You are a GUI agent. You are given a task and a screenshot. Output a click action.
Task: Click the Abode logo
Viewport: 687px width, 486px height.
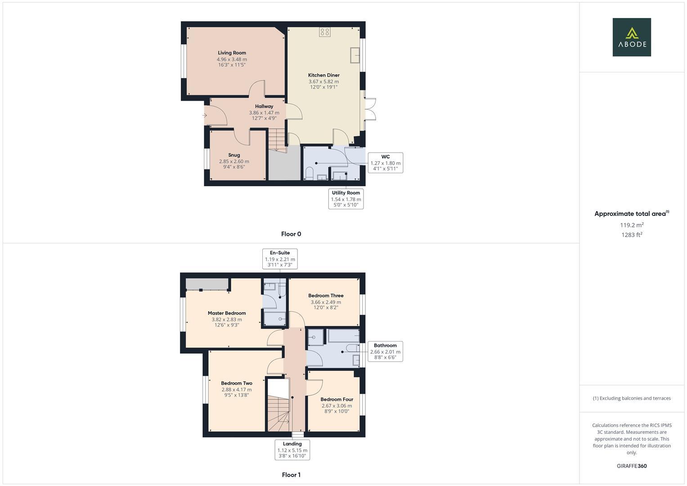pyautogui.click(x=631, y=37)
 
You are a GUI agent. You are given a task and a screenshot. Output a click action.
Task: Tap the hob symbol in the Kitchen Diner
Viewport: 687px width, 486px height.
pyautogui.click(x=324, y=32)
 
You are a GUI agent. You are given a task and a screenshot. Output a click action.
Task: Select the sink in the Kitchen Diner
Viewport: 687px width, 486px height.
pyautogui.click(x=355, y=55)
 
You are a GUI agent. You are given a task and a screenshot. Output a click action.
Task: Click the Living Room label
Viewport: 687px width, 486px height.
pyautogui.click(x=232, y=53)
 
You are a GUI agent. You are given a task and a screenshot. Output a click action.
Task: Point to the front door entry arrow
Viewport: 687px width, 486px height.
pyautogui.click(x=205, y=116)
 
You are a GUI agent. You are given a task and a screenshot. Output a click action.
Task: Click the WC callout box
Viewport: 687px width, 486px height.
pyautogui.click(x=385, y=163)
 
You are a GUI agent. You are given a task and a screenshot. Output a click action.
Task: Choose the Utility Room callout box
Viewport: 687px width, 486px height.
pyautogui.click(x=346, y=199)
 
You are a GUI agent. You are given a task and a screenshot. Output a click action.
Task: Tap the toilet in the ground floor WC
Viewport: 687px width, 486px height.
pyautogui.click(x=310, y=174)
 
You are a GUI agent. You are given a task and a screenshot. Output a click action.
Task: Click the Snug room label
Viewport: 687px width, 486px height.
pyautogui.click(x=234, y=155)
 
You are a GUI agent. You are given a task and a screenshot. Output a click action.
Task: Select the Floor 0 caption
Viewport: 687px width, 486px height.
pyautogui.click(x=291, y=234)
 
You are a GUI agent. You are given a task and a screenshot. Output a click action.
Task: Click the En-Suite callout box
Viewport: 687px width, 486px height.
pyautogui.click(x=280, y=259)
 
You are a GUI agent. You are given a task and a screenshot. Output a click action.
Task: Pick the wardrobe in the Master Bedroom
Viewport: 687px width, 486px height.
pyautogui.click(x=207, y=284)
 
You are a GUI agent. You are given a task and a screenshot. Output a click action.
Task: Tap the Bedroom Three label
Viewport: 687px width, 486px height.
pyautogui.click(x=326, y=296)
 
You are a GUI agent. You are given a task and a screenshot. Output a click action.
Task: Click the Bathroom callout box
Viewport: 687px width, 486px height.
pyautogui.click(x=385, y=351)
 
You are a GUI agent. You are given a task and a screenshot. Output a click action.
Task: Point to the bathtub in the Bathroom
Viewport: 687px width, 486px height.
pyautogui.click(x=343, y=336)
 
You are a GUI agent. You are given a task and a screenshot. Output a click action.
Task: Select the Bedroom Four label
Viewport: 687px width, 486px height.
pyautogui.click(x=337, y=399)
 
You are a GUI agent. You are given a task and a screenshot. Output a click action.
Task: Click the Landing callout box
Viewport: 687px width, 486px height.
pyautogui.click(x=292, y=450)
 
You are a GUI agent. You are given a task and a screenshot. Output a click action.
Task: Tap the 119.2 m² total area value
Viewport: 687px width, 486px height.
pyautogui.click(x=632, y=225)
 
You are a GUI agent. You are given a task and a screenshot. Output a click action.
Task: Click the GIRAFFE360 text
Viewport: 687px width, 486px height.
pyautogui.click(x=632, y=466)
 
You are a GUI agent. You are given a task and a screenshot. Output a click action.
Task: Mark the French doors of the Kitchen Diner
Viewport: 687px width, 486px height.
pyautogui.click(x=370, y=109)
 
